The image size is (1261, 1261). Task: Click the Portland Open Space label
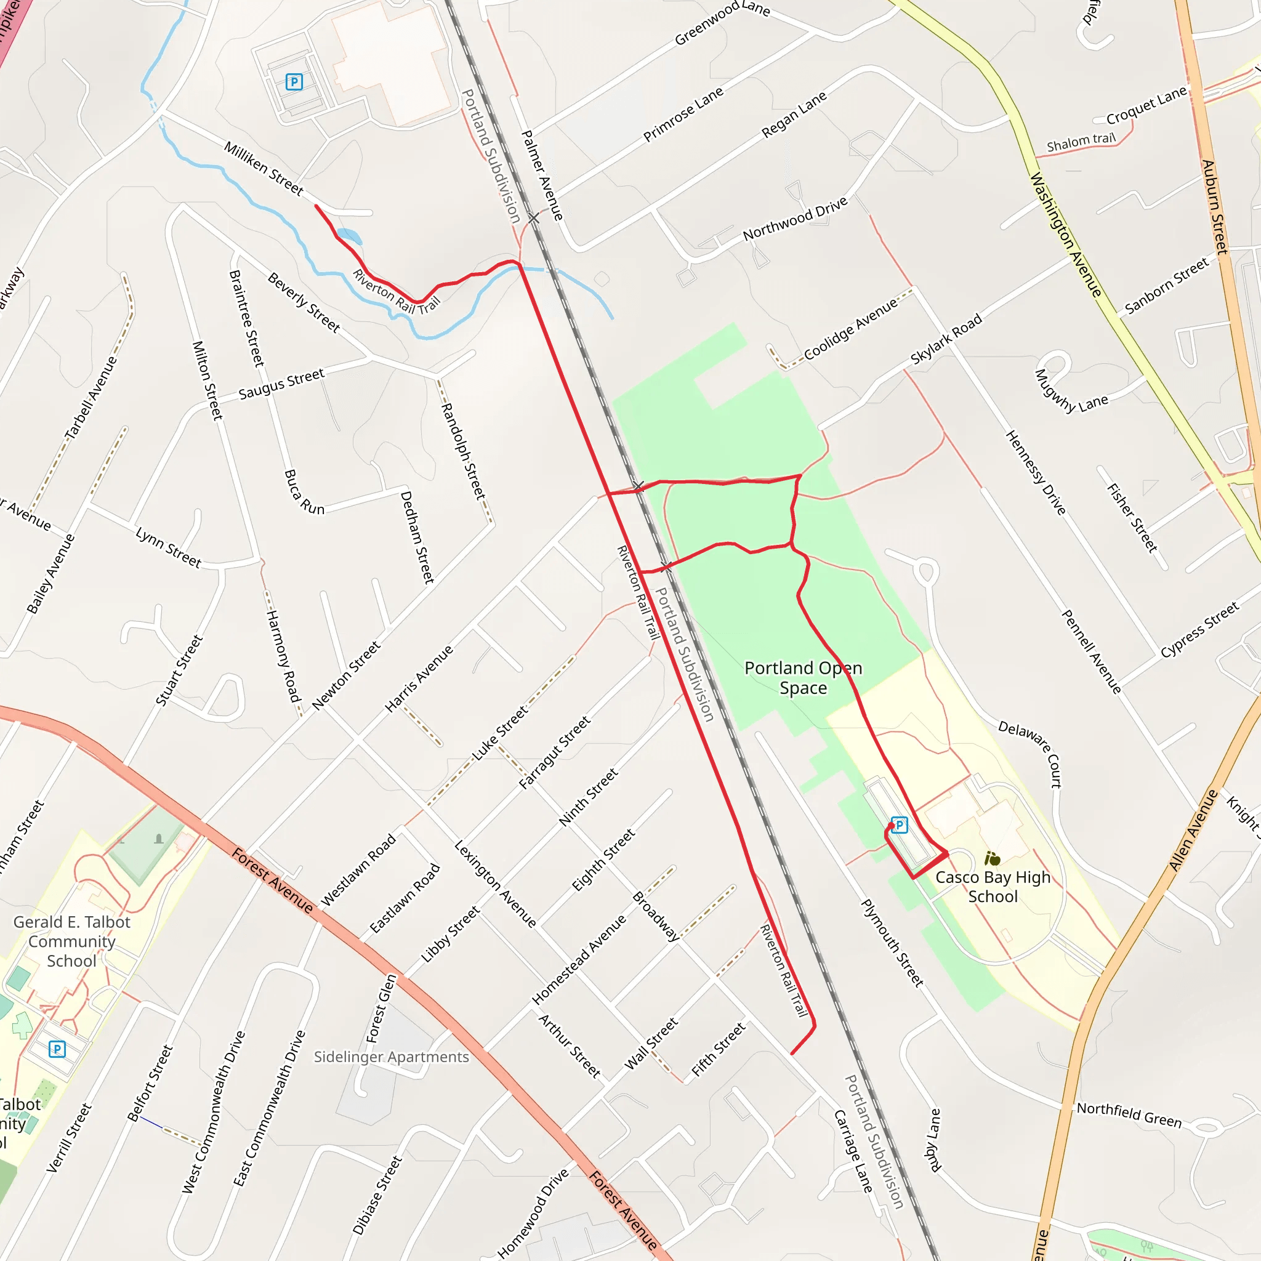click(x=803, y=677)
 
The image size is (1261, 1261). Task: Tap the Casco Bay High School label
click(x=992, y=887)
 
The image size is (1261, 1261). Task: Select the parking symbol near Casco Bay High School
click(x=900, y=825)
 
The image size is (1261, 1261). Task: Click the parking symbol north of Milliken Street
click(x=294, y=82)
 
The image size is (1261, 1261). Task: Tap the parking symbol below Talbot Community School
click(x=57, y=1049)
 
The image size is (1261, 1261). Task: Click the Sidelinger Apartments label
click(x=391, y=1057)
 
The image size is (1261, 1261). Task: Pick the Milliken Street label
click(x=264, y=167)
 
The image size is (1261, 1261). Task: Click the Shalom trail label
click(x=1081, y=142)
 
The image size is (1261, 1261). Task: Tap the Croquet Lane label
click(x=1146, y=105)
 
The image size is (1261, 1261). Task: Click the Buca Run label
click(x=304, y=492)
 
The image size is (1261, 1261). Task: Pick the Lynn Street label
click(x=168, y=547)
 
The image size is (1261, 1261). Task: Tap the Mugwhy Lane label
click(x=1070, y=392)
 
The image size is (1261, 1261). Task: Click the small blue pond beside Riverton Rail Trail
click(x=349, y=236)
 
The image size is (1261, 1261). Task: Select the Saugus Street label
click(x=281, y=384)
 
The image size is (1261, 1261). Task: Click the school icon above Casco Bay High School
click(x=992, y=858)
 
